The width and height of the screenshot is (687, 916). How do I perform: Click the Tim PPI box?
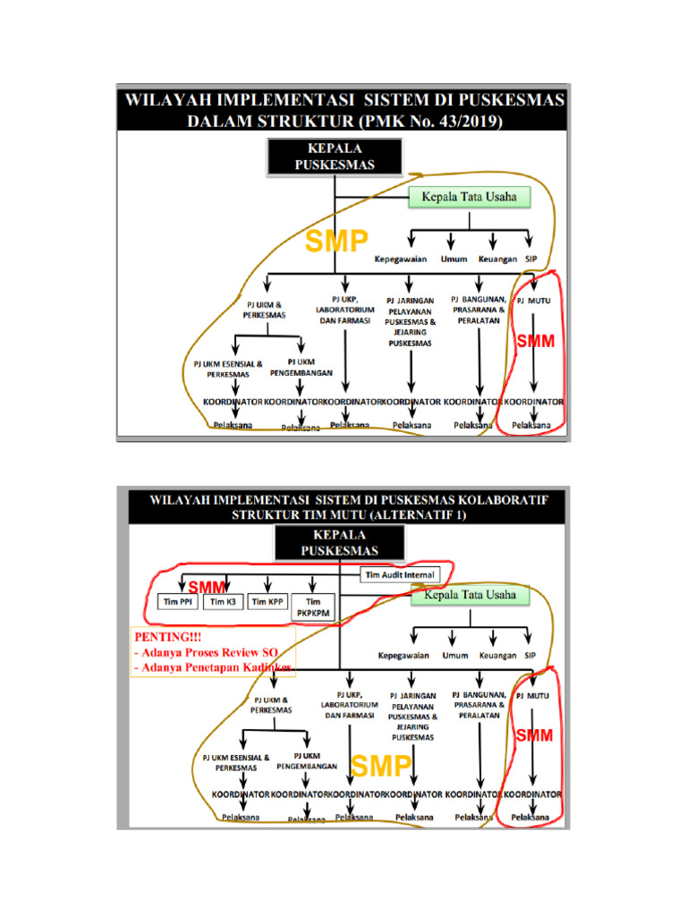pos(175,603)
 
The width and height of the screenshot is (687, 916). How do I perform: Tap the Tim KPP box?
pos(267,603)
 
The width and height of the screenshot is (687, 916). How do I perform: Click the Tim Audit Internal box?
pos(400,574)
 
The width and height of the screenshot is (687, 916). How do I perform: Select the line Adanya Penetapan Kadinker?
pos(213,666)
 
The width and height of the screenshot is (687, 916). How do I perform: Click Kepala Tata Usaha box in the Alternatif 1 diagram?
pos(470,594)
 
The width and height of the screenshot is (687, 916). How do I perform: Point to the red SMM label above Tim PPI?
pos(205,586)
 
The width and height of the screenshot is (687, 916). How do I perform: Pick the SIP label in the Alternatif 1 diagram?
pos(530,656)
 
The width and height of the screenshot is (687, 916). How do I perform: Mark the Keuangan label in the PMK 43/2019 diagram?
pos(497,259)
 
